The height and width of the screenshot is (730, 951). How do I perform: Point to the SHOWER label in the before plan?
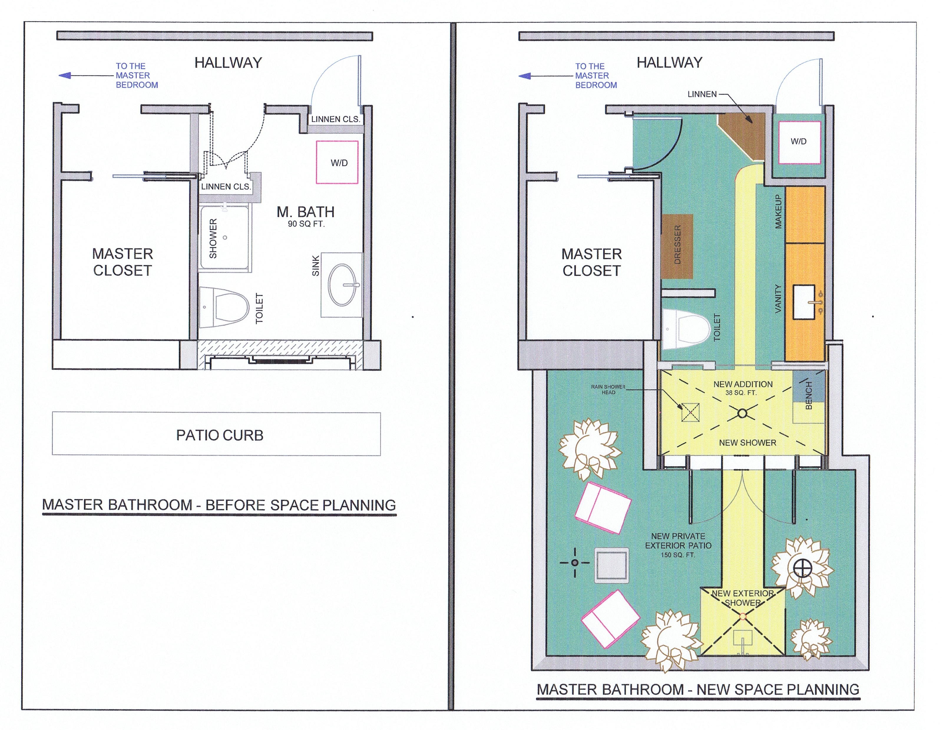[x=213, y=239]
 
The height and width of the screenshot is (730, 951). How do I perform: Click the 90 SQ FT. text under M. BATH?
[x=306, y=224]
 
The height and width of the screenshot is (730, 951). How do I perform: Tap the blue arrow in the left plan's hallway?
[x=65, y=76]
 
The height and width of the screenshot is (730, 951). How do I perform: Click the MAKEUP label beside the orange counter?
[x=778, y=212]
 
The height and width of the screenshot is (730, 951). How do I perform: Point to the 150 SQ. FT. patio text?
[x=678, y=555]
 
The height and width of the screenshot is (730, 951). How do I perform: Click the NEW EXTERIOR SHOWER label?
[x=742, y=598]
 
